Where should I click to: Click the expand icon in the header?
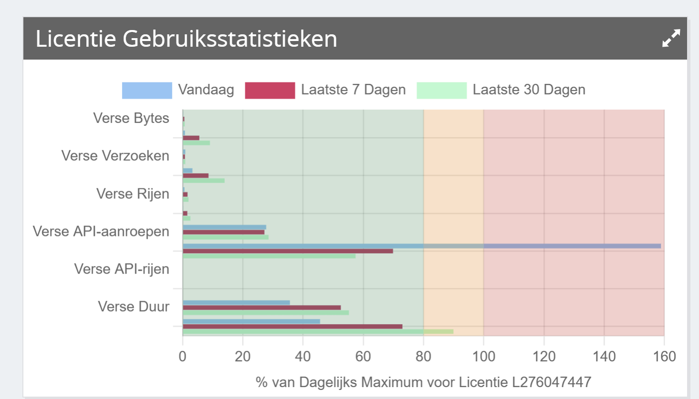[x=671, y=38]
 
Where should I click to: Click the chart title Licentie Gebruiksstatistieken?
[x=186, y=39]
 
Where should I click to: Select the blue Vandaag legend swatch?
[x=146, y=90]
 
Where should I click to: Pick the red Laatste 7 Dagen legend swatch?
[x=270, y=90]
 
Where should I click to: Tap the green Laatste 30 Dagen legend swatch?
[x=441, y=90]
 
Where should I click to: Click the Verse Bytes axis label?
[x=131, y=118]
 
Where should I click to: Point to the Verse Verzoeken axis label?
[x=115, y=156]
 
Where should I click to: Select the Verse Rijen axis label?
[x=133, y=194]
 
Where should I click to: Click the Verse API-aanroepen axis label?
[x=101, y=232]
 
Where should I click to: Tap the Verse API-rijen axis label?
[x=122, y=269]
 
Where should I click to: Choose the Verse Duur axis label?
[x=134, y=307]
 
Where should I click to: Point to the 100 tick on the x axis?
[x=483, y=357]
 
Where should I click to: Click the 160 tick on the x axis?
[x=664, y=357]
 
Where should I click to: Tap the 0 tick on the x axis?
[x=182, y=357]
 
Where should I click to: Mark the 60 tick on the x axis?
[x=363, y=357]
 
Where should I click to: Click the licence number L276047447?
[x=551, y=382]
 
